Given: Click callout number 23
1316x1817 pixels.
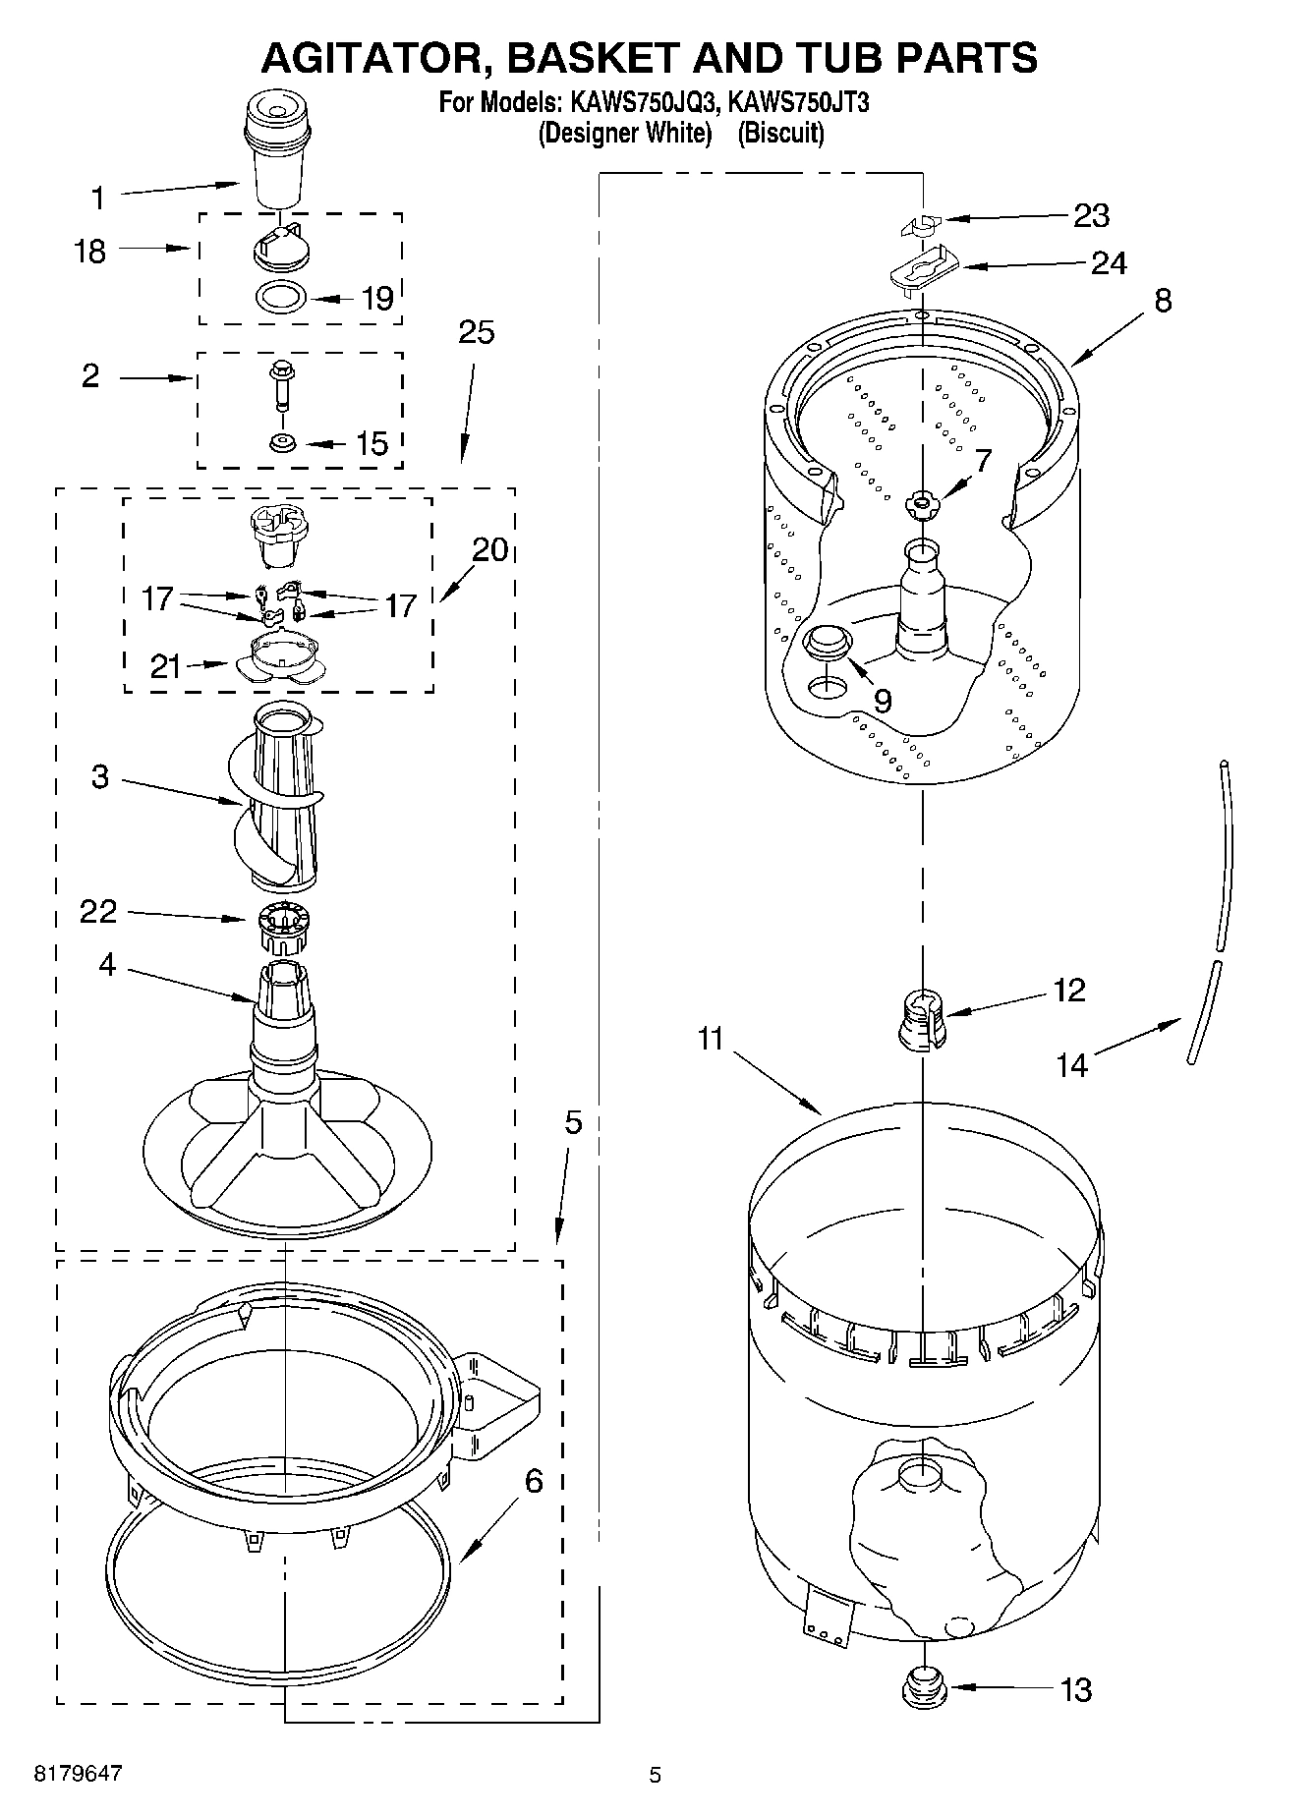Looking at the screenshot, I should tap(1090, 215).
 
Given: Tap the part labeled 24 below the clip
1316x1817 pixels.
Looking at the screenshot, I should tap(919, 268).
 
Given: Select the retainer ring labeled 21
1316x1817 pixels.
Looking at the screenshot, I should tap(279, 658).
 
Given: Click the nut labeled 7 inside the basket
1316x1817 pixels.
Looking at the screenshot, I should tap(921, 504).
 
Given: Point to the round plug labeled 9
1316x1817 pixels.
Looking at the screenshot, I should tap(828, 642).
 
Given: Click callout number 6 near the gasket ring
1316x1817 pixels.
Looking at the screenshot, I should tap(533, 1480).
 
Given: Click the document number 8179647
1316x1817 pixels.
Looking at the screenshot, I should tap(79, 1774).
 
